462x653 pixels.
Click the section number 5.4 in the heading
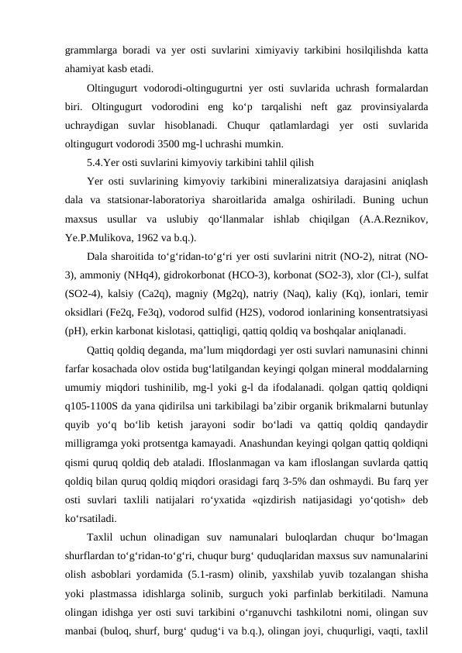coord(95,162)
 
